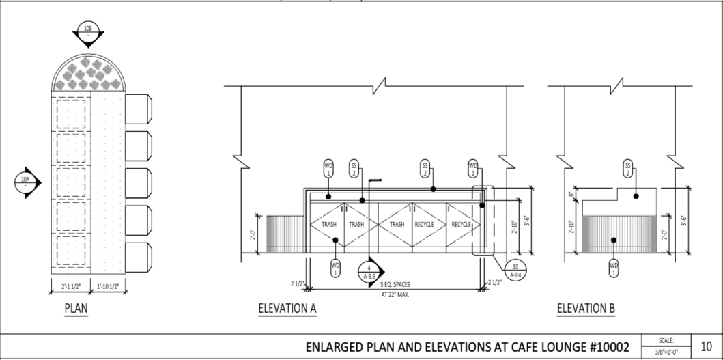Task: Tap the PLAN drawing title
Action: (76, 309)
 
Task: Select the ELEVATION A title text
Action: (287, 309)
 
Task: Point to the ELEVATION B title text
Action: (586, 309)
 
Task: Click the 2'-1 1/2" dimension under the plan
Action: (71, 285)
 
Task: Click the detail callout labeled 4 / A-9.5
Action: (369, 272)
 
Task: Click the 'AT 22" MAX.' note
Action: (395, 295)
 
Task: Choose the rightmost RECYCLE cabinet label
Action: (462, 224)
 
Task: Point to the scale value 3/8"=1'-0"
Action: (666, 352)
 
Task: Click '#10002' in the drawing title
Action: (607, 347)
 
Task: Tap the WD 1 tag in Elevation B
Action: (614, 268)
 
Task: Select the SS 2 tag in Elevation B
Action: (627, 168)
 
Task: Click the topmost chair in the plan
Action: (139, 109)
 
